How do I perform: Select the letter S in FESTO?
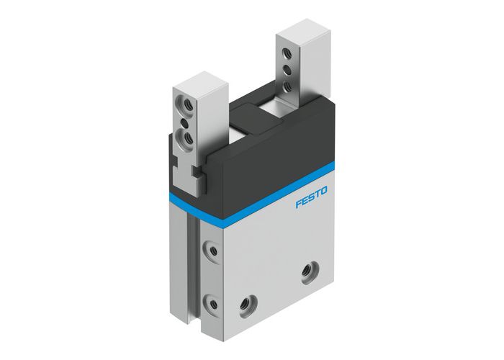[x=311, y=201]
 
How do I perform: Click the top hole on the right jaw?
[x=289, y=54]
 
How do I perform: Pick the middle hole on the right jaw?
[x=289, y=70]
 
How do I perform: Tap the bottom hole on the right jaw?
[x=289, y=86]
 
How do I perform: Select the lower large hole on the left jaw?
[x=188, y=135]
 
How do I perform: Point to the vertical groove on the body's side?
[x=192, y=266]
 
